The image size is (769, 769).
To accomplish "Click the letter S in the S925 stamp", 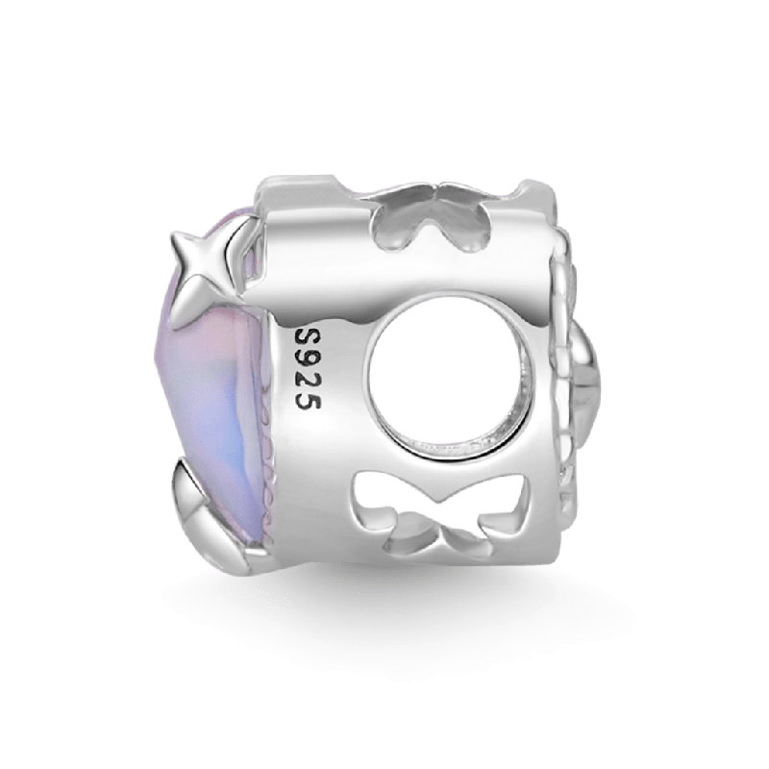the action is (308, 338).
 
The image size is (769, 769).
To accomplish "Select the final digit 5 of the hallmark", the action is (308, 401).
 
